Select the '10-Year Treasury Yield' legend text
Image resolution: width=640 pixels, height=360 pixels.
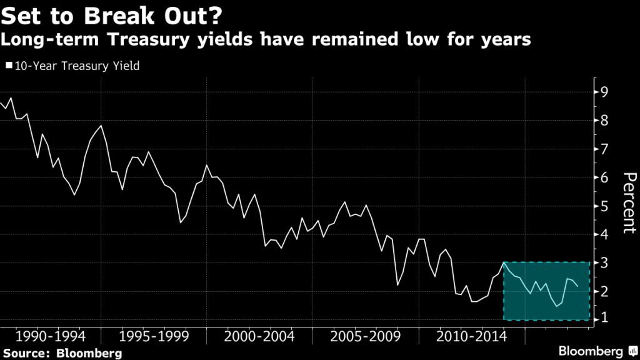77,65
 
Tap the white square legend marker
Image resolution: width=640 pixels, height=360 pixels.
8,65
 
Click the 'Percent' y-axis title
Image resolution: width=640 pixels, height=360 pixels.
627,203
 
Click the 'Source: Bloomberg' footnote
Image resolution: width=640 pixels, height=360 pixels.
62,353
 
